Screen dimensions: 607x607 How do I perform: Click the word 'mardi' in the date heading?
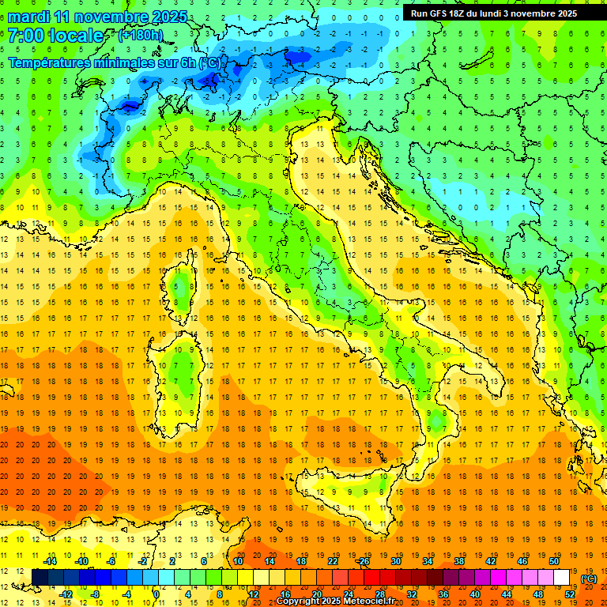(x=27, y=17)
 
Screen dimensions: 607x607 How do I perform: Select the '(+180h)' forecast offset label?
(x=140, y=36)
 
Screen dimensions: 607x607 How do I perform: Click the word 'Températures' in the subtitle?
(x=49, y=62)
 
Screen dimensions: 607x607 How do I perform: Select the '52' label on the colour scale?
(x=570, y=594)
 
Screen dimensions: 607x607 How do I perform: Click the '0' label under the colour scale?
(x=156, y=594)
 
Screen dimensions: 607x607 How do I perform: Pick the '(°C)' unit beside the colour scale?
(x=589, y=579)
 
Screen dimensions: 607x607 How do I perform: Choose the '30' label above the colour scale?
(x=396, y=561)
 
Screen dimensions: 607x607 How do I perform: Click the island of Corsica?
(x=182, y=285)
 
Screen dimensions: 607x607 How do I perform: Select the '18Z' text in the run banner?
(x=462, y=13)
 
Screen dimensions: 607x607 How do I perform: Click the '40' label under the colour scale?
(x=475, y=594)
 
